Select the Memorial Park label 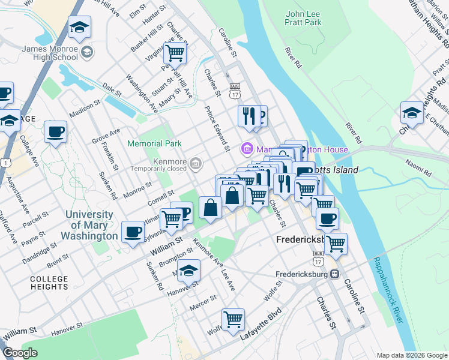pos(154,143)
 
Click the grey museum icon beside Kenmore pos(196,163)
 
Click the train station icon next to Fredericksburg pos(335,274)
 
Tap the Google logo pos(20,353)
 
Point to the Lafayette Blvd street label pos(261,327)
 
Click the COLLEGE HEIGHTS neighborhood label pos(49,283)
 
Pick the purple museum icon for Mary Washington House pos(246,148)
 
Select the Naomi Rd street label pos(419,170)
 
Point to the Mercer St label pos(203,302)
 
